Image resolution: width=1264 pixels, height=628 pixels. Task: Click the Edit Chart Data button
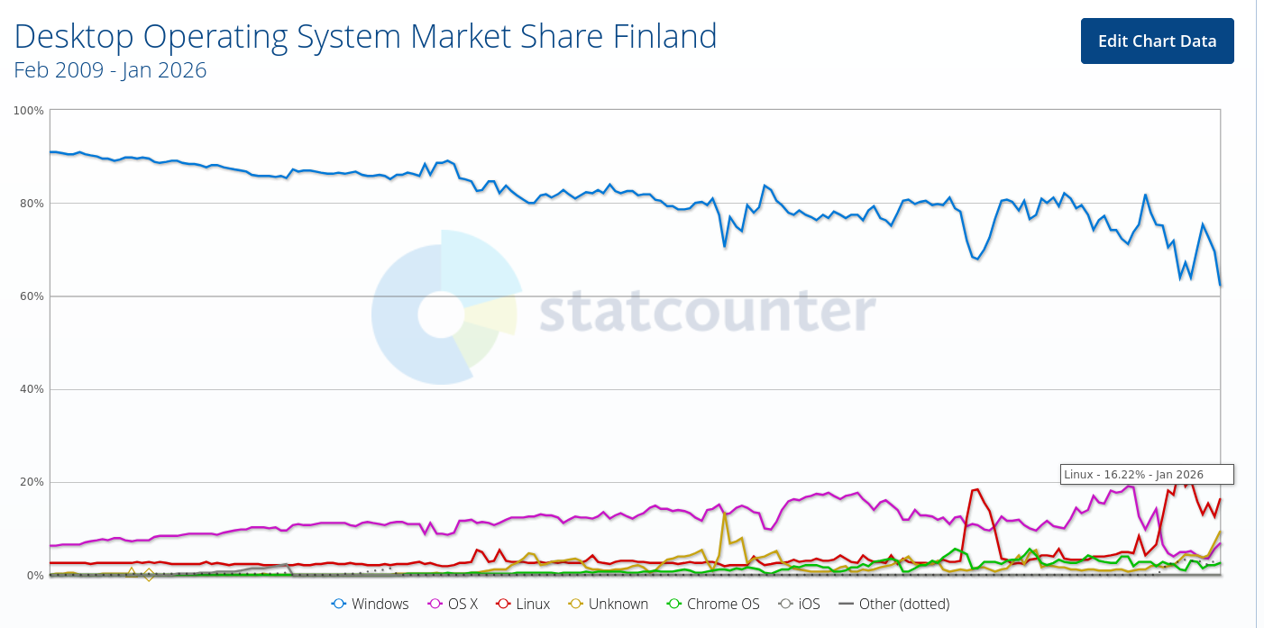click(1157, 41)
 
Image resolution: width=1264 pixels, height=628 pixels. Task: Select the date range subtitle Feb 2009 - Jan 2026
click(110, 69)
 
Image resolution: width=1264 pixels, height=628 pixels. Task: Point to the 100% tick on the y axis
click(29, 111)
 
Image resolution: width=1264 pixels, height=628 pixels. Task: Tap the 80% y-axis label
click(32, 204)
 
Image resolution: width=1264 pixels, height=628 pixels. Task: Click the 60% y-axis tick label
click(32, 296)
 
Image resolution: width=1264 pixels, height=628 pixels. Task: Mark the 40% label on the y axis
click(32, 389)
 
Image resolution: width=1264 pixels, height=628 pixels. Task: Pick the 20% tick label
click(32, 482)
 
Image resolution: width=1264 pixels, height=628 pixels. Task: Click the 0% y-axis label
click(34, 575)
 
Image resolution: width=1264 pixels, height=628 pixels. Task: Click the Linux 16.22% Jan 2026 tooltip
click(1147, 474)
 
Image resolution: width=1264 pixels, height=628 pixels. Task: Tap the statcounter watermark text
click(708, 312)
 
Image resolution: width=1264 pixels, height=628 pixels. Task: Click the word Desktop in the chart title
click(73, 36)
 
